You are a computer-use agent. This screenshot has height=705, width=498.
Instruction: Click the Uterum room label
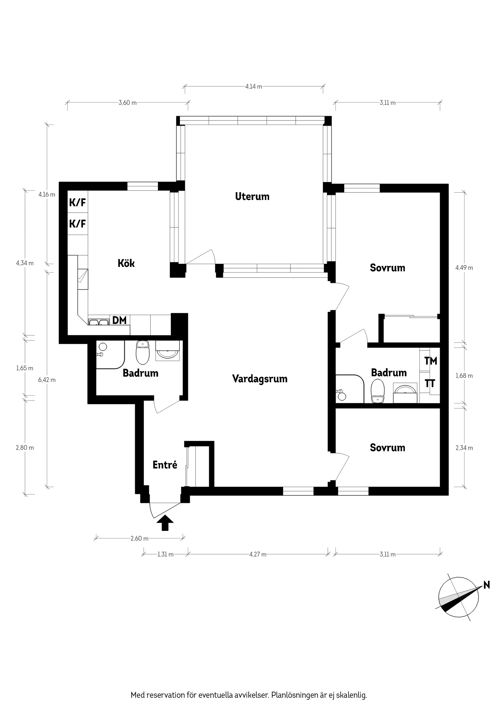(252, 197)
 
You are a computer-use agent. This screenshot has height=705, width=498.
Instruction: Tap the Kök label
(126, 263)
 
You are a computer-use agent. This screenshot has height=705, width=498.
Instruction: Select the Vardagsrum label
(260, 379)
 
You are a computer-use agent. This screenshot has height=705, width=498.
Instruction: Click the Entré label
(165, 465)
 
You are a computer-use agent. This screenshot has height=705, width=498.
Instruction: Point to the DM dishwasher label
(119, 320)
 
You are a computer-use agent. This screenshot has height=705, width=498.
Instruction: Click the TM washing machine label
(430, 361)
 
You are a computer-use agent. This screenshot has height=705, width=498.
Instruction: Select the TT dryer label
(430, 383)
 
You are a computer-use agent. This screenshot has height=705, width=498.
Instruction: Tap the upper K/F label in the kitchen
(77, 202)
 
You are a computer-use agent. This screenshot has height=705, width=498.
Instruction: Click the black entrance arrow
(165, 523)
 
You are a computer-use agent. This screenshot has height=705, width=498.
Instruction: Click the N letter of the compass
(486, 585)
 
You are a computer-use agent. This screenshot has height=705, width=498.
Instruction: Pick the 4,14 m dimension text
(254, 87)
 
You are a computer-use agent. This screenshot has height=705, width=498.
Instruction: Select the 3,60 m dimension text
(127, 103)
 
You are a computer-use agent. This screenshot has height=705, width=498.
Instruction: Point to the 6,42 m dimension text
(47, 380)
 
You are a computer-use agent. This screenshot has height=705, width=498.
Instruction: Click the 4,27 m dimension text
(257, 554)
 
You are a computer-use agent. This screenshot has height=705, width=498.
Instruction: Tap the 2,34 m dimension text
(464, 448)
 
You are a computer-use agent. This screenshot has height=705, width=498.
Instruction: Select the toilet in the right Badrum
(377, 391)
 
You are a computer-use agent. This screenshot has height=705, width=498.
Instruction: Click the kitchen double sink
(98, 322)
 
